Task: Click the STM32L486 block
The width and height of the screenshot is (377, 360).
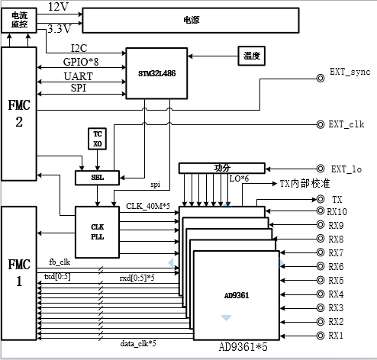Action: point(156,73)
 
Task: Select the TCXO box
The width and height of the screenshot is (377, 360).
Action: point(97,139)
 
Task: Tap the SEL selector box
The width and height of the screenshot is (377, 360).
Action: point(97,178)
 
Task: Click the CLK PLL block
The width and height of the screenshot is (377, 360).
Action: point(97,232)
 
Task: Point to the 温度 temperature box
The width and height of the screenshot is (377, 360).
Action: point(252,56)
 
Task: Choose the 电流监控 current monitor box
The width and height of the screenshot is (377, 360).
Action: point(19,20)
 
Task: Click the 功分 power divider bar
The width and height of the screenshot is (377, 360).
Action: point(222,168)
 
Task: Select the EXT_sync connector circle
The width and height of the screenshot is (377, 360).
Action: point(321,78)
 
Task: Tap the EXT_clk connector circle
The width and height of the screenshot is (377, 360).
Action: point(321,124)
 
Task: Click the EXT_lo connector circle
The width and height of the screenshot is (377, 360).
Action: point(321,169)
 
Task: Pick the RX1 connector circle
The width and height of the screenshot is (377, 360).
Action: point(321,336)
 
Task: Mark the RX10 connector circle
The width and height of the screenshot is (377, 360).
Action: point(321,211)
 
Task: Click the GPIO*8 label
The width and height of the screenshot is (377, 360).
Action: point(81,62)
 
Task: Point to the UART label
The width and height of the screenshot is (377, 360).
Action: point(79,76)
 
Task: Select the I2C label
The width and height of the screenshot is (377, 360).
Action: point(79,48)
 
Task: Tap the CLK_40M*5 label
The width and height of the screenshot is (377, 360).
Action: point(148,206)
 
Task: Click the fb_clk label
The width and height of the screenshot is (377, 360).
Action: point(60,262)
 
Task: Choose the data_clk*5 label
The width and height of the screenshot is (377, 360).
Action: point(138,344)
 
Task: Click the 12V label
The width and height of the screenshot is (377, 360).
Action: point(58,7)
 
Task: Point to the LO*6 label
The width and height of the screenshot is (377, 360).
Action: point(239,178)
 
